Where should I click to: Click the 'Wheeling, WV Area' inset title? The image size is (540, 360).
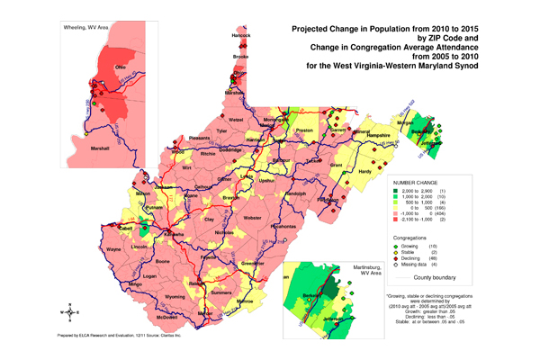coord(84,13)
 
